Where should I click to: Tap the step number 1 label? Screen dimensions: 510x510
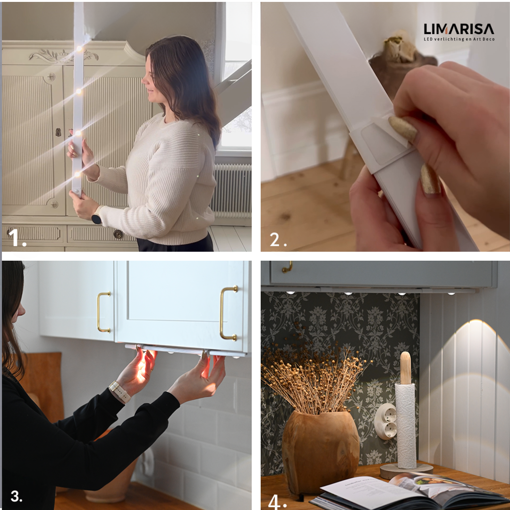point(17,238)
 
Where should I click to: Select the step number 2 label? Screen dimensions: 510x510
point(278,240)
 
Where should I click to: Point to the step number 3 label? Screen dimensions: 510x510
point(16,496)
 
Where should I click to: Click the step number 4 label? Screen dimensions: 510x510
point(277,501)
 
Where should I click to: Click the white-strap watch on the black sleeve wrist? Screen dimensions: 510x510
point(119,391)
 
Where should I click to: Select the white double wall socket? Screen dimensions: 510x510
point(386,422)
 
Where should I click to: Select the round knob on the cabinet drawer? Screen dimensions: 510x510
point(118,234)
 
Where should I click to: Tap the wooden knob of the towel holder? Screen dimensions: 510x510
point(405,367)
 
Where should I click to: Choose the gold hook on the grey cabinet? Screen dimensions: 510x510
point(287,267)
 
